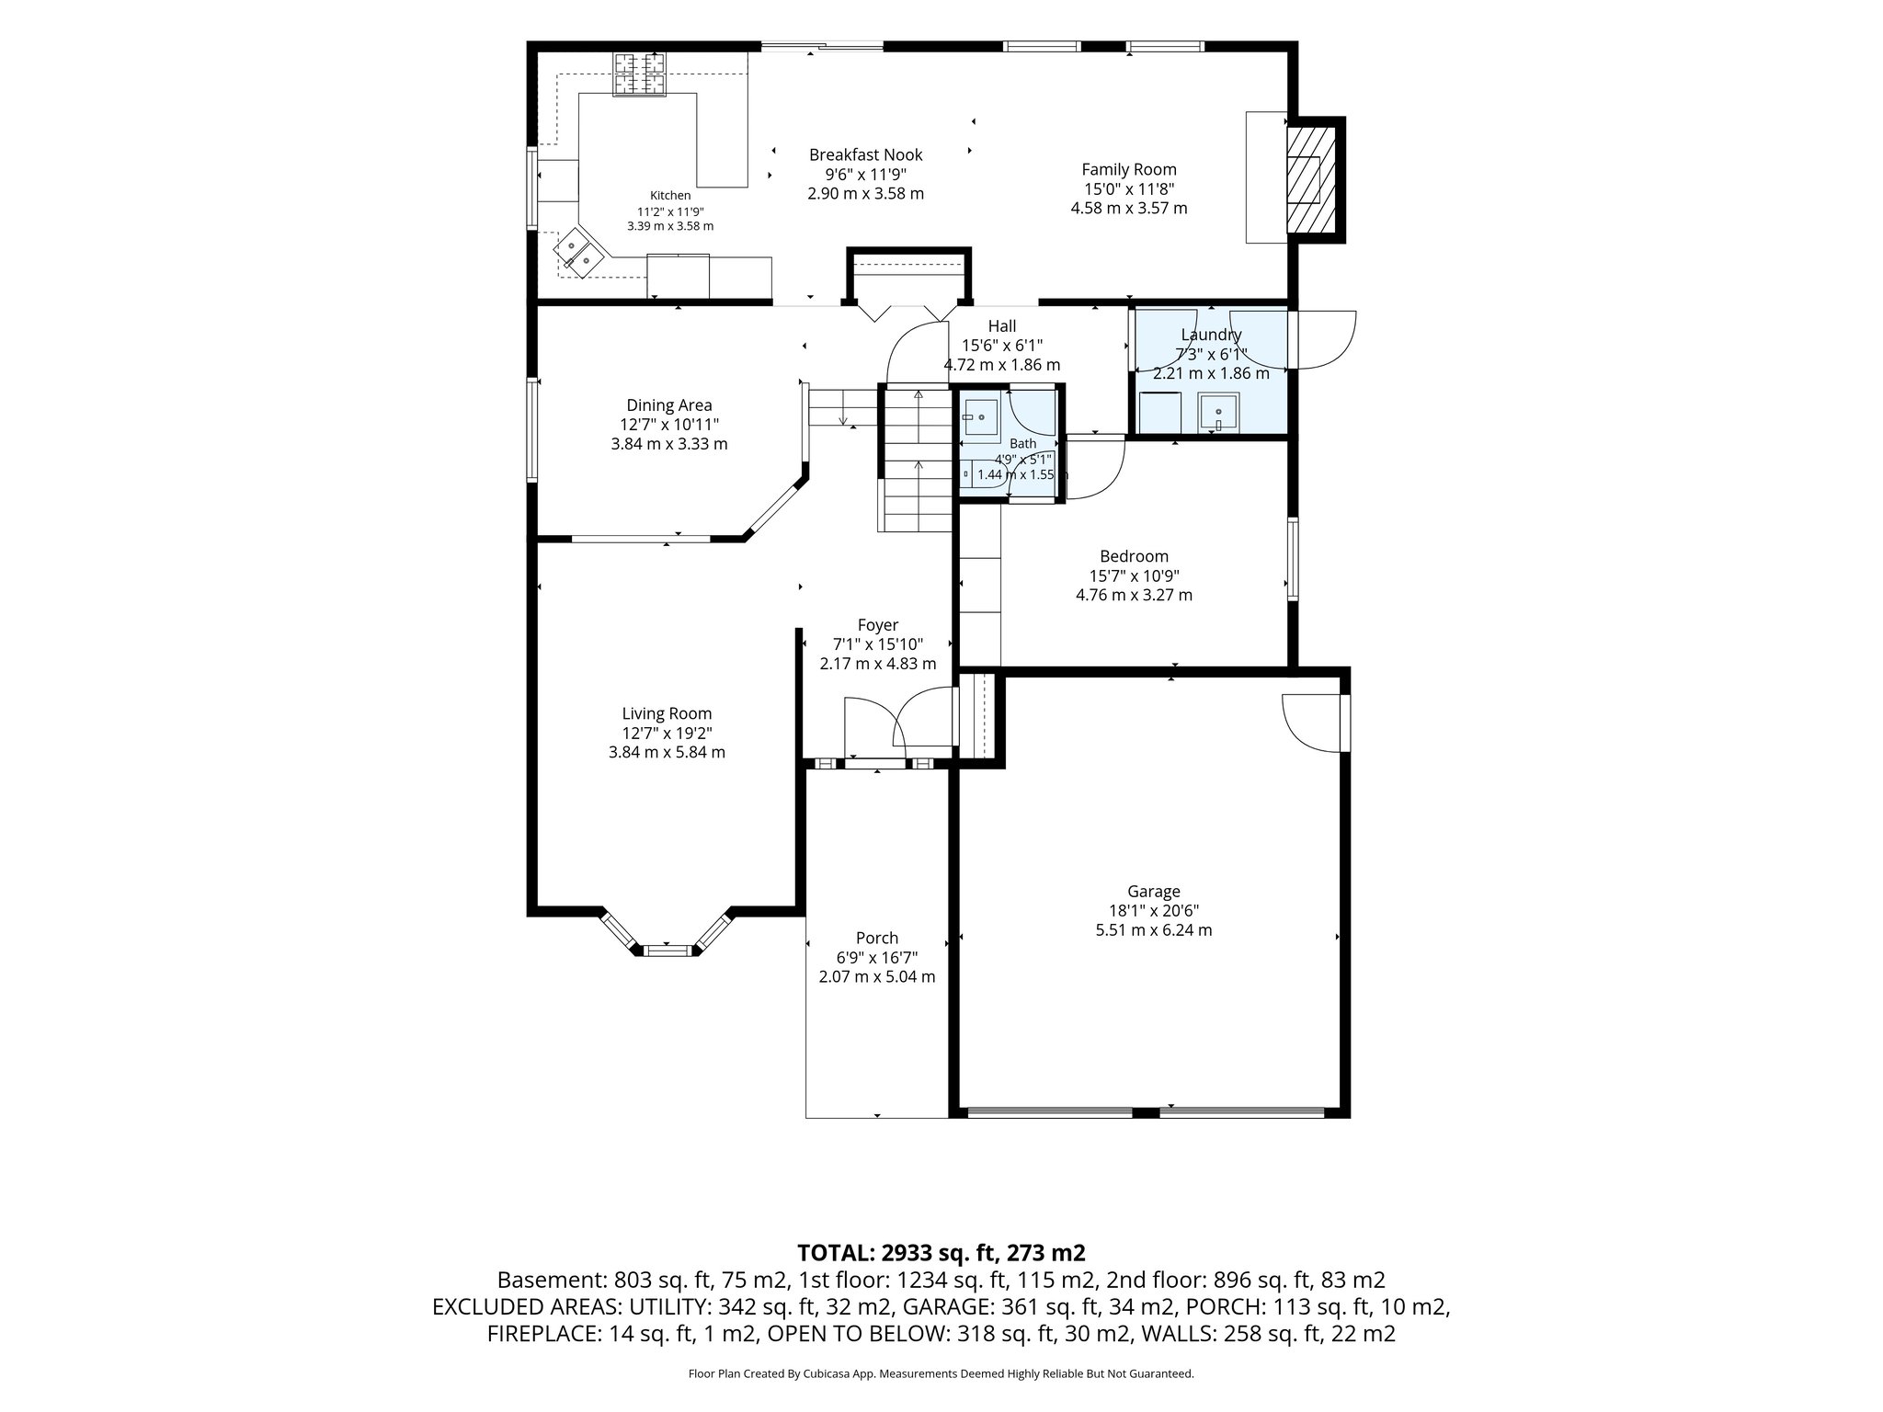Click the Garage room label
[1154, 891]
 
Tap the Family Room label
[1129, 169]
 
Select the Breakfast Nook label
[865, 155]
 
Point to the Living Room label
[667, 713]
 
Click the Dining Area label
[669, 405]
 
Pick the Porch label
[877, 939]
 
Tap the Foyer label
[878, 625]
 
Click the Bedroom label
[1135, 556]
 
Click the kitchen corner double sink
[577, 254]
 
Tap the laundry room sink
[1219, 412]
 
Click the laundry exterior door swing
[1324, 340]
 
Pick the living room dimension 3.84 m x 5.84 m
[667, 752]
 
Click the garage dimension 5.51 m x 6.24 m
[1154, 929]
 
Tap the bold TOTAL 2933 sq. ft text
[941, 1252]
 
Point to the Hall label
[1002, 325]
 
